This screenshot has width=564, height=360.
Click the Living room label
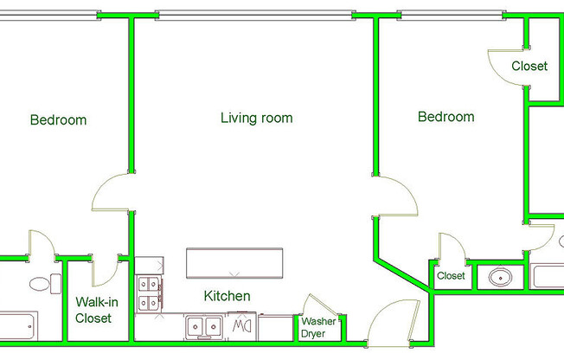point(256,118)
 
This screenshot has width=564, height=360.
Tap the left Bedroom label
point(58,119)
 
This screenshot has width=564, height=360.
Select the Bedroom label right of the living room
point(445,117)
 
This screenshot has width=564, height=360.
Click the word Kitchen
point(227,296)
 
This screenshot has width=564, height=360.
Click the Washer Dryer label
point(317,327)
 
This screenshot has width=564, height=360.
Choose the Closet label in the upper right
point(529,66)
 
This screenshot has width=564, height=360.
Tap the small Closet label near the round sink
point(451,276)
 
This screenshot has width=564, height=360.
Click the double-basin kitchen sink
point(205,327)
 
